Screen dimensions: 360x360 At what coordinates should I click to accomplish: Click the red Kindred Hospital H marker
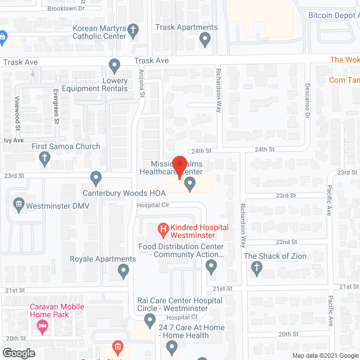point(164,229)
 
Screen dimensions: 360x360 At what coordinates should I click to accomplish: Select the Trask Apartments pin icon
point(205,40)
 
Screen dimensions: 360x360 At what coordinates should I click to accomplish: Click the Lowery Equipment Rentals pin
point(115,67)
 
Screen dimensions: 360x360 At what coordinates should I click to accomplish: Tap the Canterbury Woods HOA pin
point(96,178)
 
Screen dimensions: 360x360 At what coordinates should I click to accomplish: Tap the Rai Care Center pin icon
point(150,321)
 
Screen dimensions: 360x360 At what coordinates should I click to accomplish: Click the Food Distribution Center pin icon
point(211,267)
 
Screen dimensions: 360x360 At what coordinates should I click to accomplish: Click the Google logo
point(18,353)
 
